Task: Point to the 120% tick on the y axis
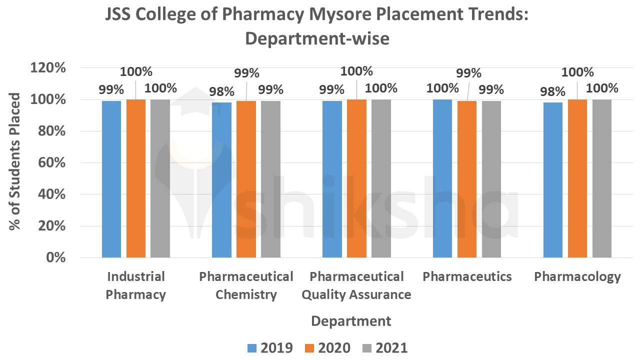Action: [x=48, y=68]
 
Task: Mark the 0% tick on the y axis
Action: [x=55, y=257]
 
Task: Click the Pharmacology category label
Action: [x=577, y=276]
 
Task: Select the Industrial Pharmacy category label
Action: [x=135, y=285]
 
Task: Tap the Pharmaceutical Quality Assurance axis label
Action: [x=356, y=285]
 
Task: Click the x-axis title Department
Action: [x=351, y=320]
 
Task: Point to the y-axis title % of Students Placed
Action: [x=16, y=161]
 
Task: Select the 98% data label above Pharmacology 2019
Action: [x=552, y=91]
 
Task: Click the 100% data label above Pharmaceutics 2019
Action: [x=442, y=88]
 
